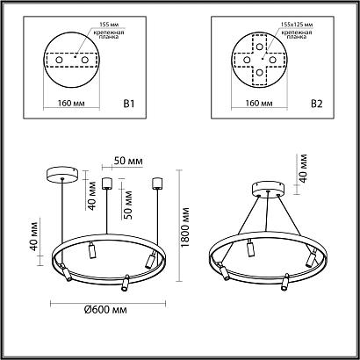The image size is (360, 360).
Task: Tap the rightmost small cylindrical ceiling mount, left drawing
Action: point(159,184)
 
